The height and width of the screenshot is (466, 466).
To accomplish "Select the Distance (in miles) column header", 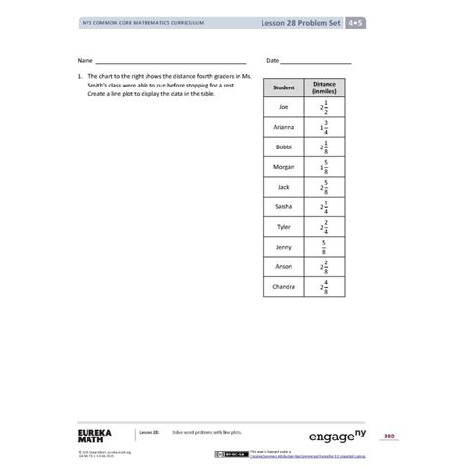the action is click(x=324, y=87).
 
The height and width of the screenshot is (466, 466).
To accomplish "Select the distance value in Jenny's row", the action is click(x=324, y=246).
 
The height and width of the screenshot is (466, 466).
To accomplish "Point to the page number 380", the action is click(x=389, y=436).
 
